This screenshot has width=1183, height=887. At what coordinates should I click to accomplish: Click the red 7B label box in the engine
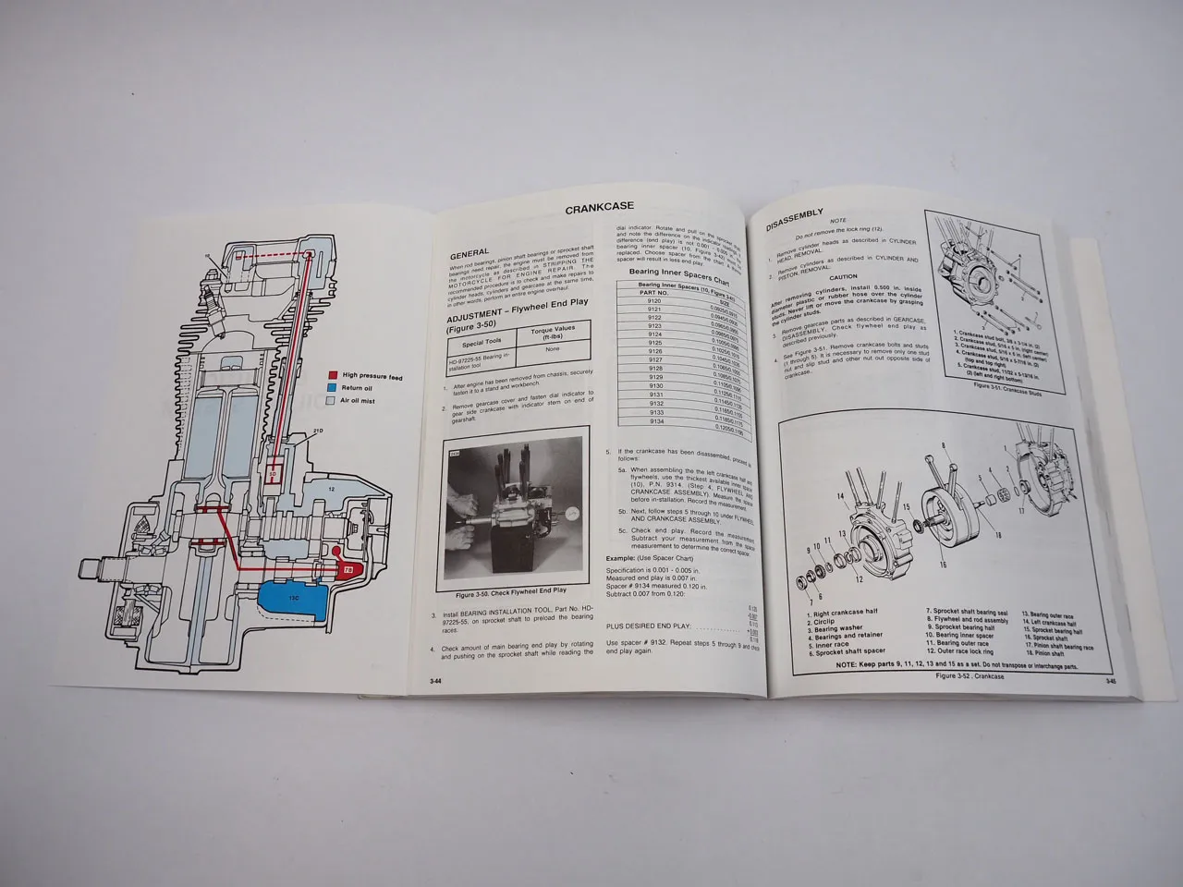[348, 570]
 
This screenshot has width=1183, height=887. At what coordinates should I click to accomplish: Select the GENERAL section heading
[470, 254]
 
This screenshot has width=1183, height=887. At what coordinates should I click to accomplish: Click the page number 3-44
[434, 679]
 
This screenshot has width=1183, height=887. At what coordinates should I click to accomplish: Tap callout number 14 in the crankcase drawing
[839, 497]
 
